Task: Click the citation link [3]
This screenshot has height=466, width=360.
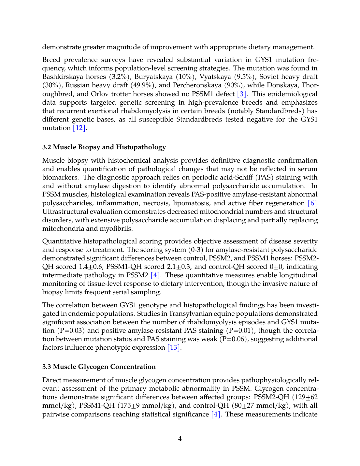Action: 241,94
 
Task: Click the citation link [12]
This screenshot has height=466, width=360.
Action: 79,128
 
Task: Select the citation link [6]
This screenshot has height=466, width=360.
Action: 312,203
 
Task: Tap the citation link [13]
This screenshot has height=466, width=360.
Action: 173,347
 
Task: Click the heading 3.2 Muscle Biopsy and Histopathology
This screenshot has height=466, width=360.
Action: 104,147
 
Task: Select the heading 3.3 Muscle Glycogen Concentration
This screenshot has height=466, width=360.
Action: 99,367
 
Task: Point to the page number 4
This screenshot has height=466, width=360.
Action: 180,439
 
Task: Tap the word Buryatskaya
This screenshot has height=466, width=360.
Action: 153,77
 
